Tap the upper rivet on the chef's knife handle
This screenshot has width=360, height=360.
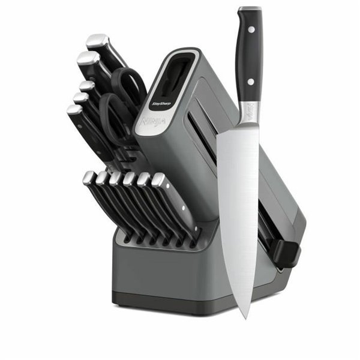click(250, 29)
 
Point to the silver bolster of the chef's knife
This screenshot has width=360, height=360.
click(247, 113)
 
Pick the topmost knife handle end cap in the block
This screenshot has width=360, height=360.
click(97, 41)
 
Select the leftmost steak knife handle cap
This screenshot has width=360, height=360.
click(88, 177)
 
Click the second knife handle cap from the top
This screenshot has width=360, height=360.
click(87, 59)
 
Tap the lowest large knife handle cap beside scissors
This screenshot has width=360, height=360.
click(75, 110)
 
